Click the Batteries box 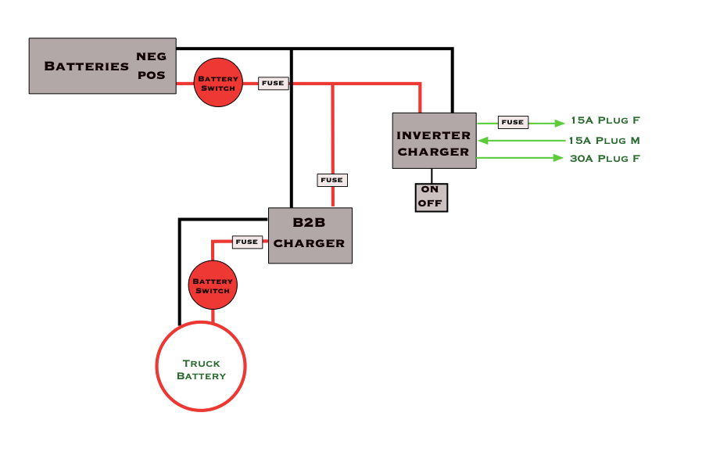click(x=86, y=66)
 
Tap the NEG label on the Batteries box click(x=152, y=56)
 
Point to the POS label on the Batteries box click(x=152, y=76)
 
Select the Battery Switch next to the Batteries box click(x=218, y=82)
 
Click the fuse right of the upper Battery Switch click(x=274, y=83)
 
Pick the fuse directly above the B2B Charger click(x=332, y=180)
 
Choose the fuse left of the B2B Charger click(x=247, y=242)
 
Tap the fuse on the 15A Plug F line click(x=513, y=122)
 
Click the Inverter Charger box click(x=434, y=141)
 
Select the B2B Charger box click(x=310, y=235)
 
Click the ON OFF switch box click(x=431, y=196)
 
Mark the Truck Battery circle click(x=201, y=367)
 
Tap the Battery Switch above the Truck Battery click(x=212, y=285)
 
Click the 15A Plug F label click(x=606, y=121)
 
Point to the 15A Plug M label click(x=605, y=141)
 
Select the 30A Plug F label click(x=606, y=159)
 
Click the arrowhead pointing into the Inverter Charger click(x=483, y=141)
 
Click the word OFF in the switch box click(x=431, y=203)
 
